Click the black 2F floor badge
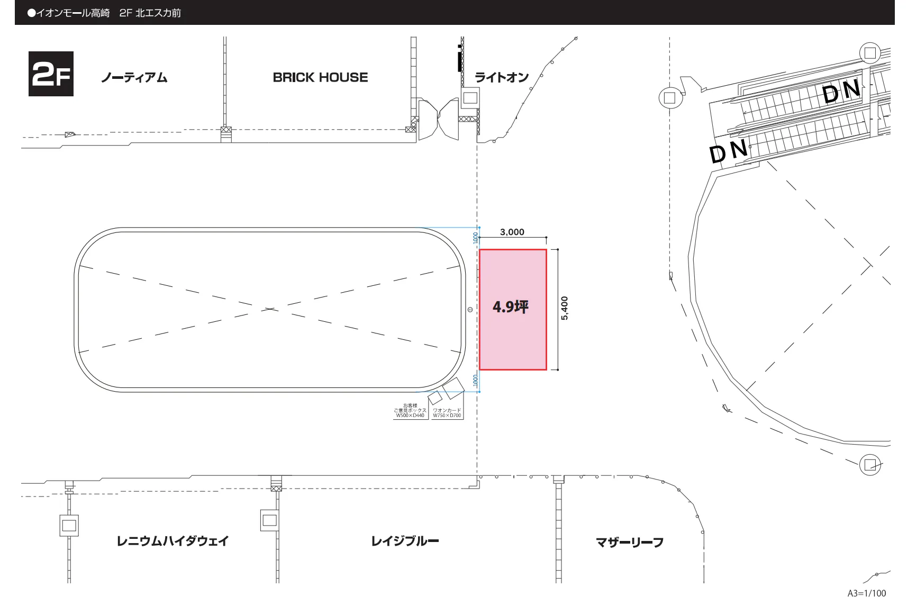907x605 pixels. click(51, 74)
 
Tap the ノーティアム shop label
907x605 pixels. click(134, 78)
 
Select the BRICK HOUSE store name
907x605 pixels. click(320, 77)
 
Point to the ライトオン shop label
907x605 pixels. click(502, 78)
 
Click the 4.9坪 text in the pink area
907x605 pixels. click(511, 307)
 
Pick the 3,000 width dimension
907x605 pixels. click(512, 232)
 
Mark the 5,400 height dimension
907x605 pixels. click(565, 308)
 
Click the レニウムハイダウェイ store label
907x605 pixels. click(173, 541)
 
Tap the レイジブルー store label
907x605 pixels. click(405, 541)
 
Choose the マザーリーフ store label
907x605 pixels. click(630, 542)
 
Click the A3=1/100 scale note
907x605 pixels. click(867, 593)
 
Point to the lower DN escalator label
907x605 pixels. click(729, 152)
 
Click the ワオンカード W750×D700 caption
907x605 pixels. click(447, 413)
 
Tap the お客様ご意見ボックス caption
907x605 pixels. click(410, 411)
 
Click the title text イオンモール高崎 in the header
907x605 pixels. click(73, 13)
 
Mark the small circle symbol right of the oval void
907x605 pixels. click(470, 309)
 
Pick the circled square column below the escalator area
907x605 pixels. click(870, 465)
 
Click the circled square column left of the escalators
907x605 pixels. click(669, 98)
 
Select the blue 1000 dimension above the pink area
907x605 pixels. click(475, 237)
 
